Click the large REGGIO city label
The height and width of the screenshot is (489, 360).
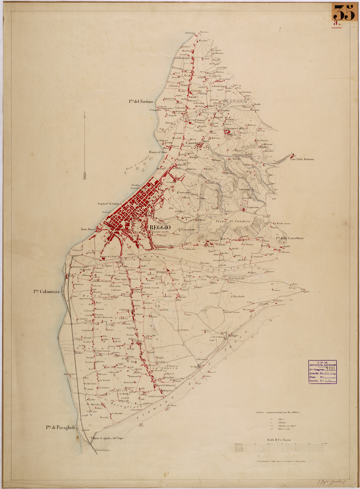(x=160, y=226)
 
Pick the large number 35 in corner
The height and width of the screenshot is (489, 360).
(x=345, y=13)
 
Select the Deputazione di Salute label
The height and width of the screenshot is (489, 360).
(x=110, y=203)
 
